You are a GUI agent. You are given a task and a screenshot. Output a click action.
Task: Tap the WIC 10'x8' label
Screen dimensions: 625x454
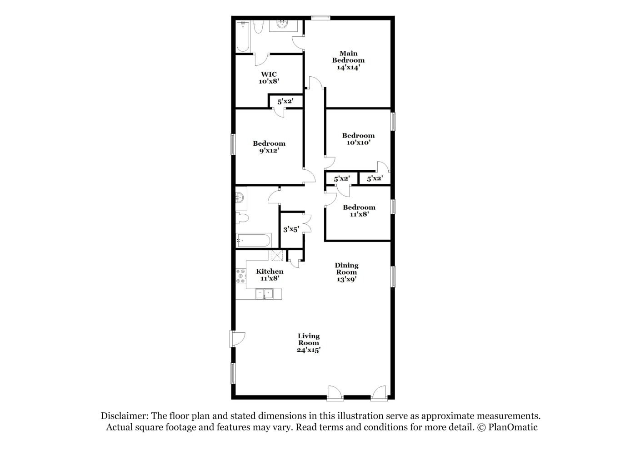[269, 78]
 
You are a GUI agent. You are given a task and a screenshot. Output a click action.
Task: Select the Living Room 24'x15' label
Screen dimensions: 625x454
[309, 343]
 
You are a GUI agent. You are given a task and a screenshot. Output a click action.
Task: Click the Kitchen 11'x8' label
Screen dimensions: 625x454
[270, 275]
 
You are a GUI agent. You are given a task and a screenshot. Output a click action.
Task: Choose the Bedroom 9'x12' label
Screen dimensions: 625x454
[269, 147]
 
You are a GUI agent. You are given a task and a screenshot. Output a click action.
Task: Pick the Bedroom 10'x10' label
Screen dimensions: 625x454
[358, 139]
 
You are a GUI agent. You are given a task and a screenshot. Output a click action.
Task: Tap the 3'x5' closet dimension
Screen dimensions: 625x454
[291, 229]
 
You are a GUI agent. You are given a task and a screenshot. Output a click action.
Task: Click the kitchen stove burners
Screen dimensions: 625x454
[241, 276]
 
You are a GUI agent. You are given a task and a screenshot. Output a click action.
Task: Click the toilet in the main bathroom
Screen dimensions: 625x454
[259, 27]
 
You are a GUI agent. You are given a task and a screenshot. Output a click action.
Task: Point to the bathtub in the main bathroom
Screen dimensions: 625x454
[243, 36]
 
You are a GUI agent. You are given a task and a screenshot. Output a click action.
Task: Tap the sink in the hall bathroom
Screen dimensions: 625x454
[240, 198]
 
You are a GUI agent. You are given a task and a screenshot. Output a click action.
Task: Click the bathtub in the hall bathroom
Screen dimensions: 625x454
[253, 240]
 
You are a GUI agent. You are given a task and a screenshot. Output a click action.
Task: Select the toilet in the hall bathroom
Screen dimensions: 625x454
[242, 218]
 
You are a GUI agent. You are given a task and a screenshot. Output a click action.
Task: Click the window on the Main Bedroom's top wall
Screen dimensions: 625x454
[320, 18]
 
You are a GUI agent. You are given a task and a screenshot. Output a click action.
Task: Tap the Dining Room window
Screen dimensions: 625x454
[393, 277]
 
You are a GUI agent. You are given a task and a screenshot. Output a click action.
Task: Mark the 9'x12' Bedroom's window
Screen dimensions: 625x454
[233, 144]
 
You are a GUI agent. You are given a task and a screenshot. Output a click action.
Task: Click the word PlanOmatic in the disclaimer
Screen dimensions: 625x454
[513, 427]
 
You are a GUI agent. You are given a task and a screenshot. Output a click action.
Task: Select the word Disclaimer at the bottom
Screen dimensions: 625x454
[125, 416]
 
